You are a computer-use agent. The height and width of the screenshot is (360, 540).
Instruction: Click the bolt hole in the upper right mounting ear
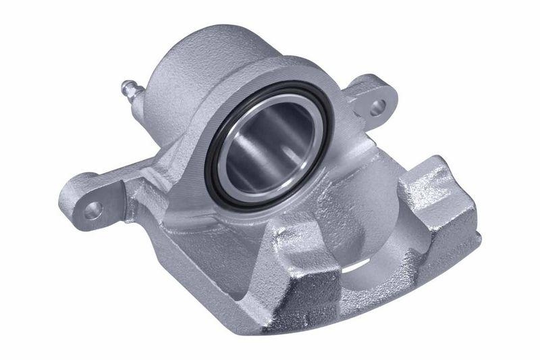(379, 105)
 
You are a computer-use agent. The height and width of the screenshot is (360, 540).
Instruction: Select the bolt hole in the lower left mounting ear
(93, 209)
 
